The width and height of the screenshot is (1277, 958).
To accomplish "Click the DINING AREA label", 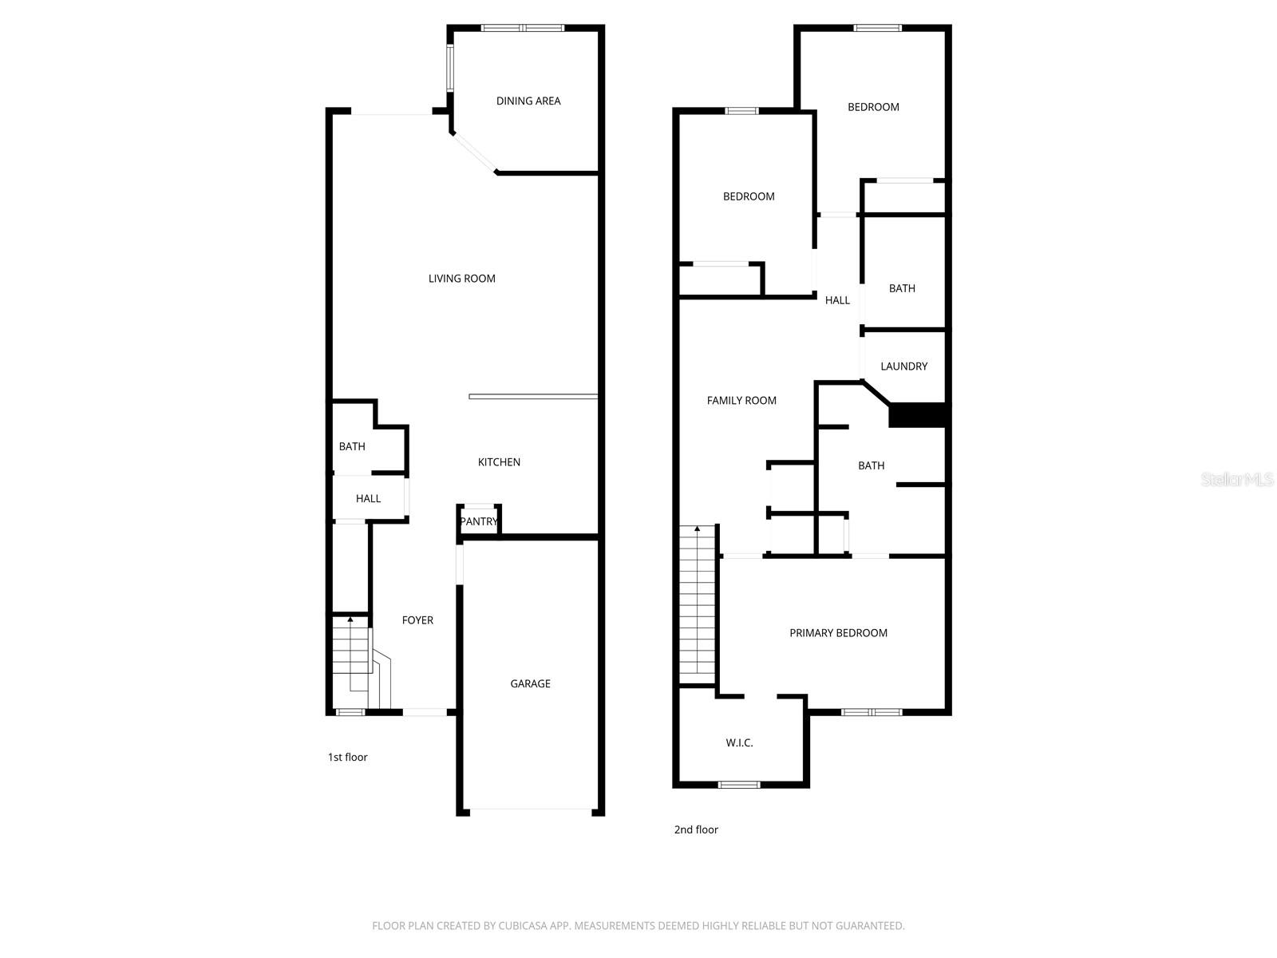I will click(528, 101).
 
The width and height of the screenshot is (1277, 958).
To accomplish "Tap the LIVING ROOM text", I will click(461, 279).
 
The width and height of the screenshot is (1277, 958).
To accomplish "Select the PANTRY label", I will click(479, 521).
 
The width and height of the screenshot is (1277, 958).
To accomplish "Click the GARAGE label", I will click(530, 683).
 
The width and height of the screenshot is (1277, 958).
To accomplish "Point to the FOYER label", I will click(417, 620).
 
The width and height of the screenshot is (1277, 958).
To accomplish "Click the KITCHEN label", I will click(499, 462).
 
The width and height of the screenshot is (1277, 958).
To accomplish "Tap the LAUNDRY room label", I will click(903, 366).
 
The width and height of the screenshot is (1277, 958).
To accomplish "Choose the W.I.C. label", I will click(739, 742).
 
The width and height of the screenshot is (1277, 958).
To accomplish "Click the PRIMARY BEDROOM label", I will click(838, 633).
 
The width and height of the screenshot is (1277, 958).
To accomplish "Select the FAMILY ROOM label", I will click(741, 401).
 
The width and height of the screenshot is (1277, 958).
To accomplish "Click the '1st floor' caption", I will click(347, 757).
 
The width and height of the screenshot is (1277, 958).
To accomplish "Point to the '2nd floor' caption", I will click(696, 829).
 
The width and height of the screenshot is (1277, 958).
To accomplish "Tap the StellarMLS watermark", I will click(1237, 480).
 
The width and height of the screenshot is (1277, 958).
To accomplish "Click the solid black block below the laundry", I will click(917, 415).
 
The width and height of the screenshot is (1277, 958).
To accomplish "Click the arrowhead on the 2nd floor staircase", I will click(698, 528).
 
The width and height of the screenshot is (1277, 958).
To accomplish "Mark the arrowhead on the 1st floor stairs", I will click(350, 619).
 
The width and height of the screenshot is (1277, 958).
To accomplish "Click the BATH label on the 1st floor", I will click(352, 446).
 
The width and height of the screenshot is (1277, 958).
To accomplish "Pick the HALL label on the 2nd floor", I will click(837, 300).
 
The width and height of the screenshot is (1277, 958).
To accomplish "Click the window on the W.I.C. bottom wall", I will click(739, 785).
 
